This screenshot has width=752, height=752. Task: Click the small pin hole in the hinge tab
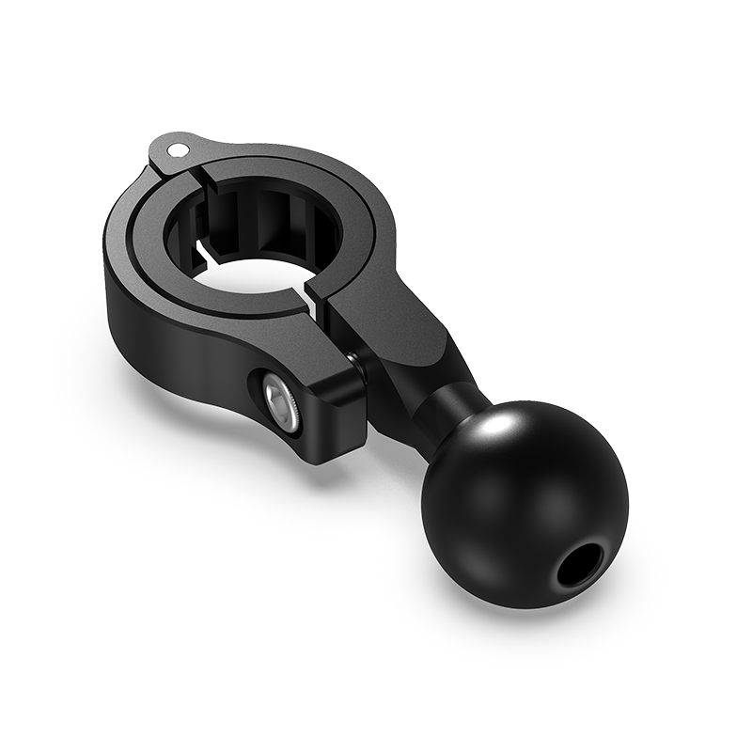point(176,148)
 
